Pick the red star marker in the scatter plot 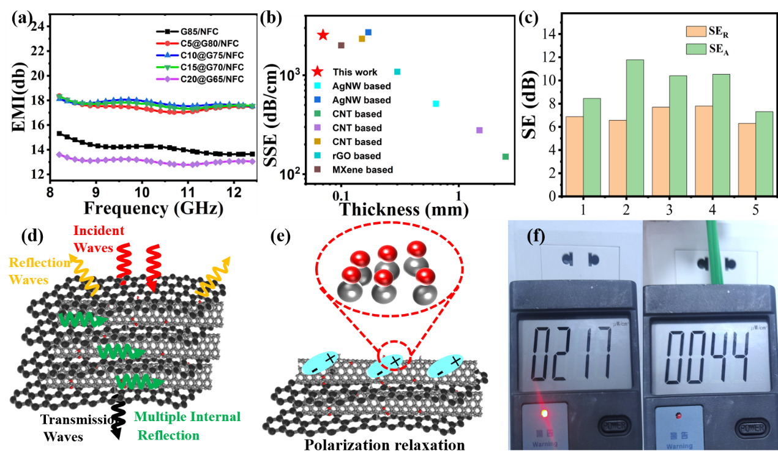point(323,35)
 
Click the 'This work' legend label point(355,72)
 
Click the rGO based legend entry point(356,156)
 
